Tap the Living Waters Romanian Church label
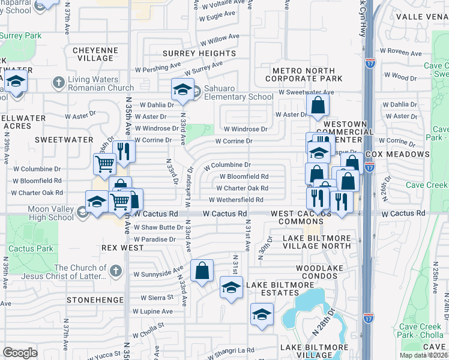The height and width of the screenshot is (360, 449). [101, 83]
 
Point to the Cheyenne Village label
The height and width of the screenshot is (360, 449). [93, 54]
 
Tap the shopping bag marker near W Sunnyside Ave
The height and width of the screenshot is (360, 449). [202, 271]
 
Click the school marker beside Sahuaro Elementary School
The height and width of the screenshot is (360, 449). [182, 91]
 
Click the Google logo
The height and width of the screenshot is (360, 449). [20, 352]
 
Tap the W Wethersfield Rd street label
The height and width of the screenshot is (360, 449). [236, 200]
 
